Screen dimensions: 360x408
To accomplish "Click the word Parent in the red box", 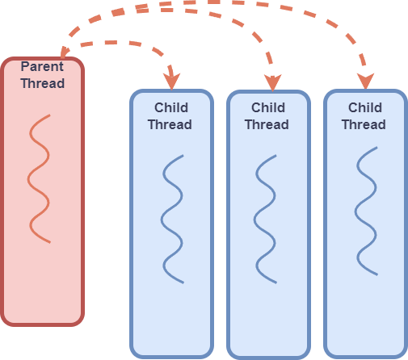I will click(x=42, y=67).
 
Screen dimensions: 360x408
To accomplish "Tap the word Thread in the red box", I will click(x=42, y=83).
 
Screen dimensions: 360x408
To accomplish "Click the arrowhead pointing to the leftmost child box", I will click(x=170, y=81).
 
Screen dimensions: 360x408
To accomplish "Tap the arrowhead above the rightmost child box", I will click(x=366, y=80).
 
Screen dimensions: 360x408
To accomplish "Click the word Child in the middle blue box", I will click(x=267, y=107).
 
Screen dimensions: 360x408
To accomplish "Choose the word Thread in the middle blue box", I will click(x=267, y=124).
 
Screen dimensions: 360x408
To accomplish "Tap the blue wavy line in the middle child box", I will click(x=267, y=219).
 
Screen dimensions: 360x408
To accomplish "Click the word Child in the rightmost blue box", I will click(x=364, y=107).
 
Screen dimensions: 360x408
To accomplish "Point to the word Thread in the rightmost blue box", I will click(x=364, y=124).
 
